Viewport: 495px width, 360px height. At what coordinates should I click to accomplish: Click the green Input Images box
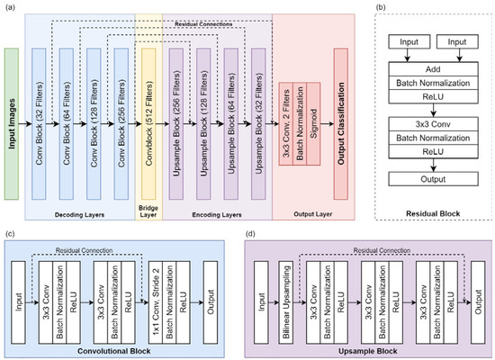(x=12, y=124)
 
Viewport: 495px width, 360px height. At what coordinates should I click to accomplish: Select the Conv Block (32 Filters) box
(x=39, y=124)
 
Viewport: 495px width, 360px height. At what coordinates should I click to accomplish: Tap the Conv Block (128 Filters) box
(x=94, y=124)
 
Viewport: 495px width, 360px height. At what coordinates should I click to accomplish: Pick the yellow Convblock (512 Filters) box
(x=148, y=124)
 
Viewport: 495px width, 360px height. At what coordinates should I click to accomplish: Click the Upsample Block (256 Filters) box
(x=176, y=124)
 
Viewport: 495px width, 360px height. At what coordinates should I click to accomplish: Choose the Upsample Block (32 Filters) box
(x=258, y=124)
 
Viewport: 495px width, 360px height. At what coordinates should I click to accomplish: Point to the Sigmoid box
(x=313, y=124)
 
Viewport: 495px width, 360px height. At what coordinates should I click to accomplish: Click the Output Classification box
(x=341, y=124)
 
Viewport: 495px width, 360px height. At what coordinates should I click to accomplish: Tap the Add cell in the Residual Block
(x=433, y=68)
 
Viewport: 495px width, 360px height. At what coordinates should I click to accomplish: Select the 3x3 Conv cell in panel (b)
(x=433, y=124)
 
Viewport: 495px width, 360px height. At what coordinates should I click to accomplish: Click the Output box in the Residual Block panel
(x=433, y=179)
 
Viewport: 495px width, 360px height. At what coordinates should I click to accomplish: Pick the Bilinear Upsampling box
(x=286, y=302)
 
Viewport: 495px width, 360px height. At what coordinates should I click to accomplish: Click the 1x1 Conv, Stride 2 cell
(x=156, y=302)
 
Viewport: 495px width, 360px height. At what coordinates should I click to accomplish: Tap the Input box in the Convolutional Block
(x=18, y=302)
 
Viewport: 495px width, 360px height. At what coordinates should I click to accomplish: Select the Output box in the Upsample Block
(x=478, y=302)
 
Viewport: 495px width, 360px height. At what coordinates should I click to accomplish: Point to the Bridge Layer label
(x=148, y=211)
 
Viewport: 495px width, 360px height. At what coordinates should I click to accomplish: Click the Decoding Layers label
(x=79, y=215)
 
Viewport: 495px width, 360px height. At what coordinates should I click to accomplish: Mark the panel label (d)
(x=251, y=234)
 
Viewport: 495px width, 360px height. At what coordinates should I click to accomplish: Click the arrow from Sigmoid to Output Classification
(x=328, y=124)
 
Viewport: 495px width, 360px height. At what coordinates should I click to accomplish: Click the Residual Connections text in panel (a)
(x=203, y=24)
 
